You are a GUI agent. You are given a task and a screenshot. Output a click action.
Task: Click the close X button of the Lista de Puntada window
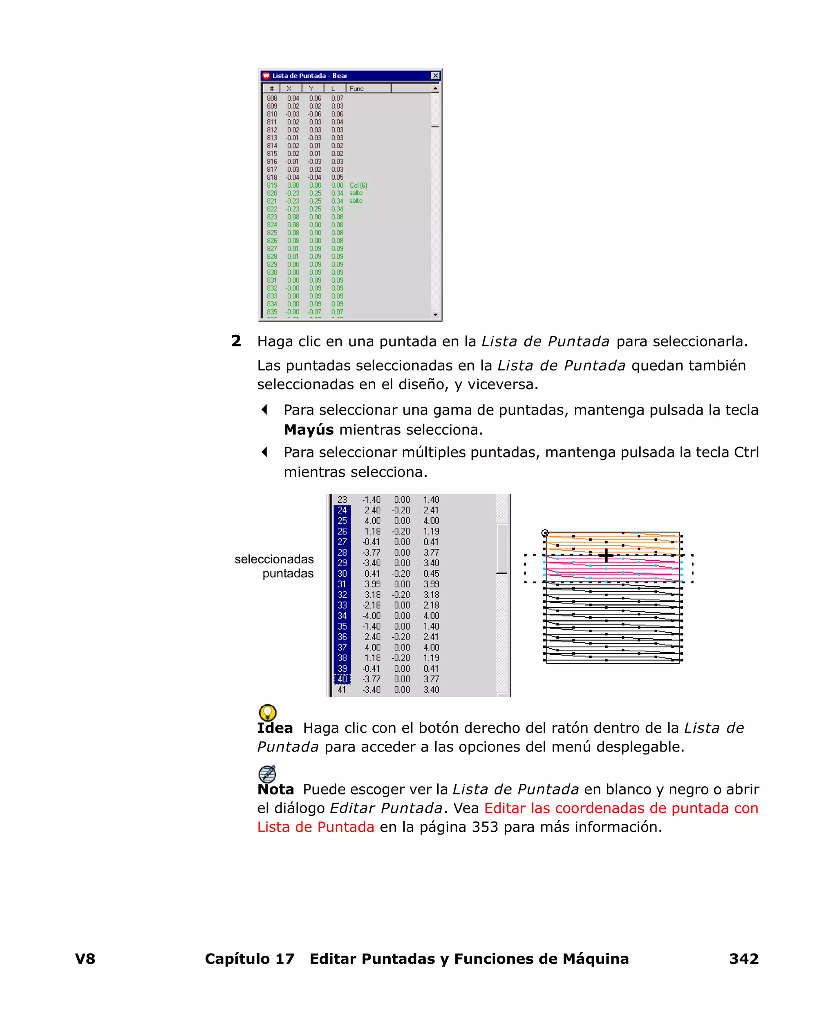coord(435,76)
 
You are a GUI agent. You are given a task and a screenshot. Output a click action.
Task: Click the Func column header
coord(357,89)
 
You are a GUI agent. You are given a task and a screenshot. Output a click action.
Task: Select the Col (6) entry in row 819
coord(358,185)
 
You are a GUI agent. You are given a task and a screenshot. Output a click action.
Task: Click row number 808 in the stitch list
coord(272,99)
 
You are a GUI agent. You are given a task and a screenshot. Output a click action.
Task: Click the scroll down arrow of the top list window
coord(435,315)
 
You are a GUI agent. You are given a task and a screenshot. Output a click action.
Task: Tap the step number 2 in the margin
coord(236,341)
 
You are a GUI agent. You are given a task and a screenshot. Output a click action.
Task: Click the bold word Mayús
coord(309,430)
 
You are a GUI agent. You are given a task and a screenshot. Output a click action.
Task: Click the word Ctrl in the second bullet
coord(746,452)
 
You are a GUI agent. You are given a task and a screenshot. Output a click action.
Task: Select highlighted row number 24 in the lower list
coord(342,510)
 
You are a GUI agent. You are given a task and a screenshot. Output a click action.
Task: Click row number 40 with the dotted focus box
coord(342,679)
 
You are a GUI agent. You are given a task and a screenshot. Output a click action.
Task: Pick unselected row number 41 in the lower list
coord(342,690)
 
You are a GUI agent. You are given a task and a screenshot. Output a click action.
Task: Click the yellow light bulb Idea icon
coord(268,712)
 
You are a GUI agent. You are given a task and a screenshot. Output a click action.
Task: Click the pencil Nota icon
coord(267,774)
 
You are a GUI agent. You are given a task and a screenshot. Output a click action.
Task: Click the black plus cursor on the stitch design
coord(606,556)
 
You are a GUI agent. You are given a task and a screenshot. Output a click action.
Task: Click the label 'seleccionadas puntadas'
coord(274,566)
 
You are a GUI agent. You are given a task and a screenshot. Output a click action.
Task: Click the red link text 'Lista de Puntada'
coord(316,827)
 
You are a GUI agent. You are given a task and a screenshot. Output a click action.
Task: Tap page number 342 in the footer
coord(743,959)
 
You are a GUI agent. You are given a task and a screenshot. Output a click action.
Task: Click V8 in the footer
coord(85,959)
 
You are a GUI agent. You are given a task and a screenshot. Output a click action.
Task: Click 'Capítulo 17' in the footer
coord(249,959)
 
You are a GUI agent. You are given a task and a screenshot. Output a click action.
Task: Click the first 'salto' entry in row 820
coord(356,193)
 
